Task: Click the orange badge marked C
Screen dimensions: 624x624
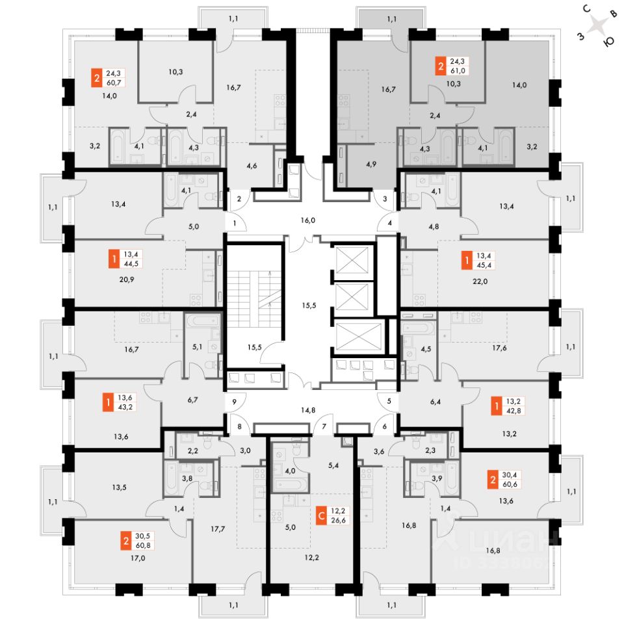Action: (x=322, y=515)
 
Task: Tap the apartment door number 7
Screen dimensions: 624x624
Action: (x=324, y=426)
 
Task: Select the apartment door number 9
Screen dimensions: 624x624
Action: (x=234, y=402)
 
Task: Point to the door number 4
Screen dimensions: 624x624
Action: (x=389, y=223)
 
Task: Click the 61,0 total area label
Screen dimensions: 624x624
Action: (x=458, y=70)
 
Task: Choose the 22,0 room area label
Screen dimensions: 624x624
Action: (x=480, y=281)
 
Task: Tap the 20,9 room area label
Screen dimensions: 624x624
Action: (x=127, y=279)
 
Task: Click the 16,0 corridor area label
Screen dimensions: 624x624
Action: (x=308, y=220)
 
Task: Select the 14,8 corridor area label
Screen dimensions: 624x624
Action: (x=308, y=410)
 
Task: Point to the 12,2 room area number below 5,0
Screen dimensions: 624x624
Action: (x=311, y=558)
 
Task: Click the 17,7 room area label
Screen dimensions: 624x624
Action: (x=218, y=529)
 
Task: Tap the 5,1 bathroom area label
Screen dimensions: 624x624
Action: (x=198, y=347)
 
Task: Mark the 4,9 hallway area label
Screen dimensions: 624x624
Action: (x=371, y=164)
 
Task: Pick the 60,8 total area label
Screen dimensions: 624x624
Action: (x=143, y=545)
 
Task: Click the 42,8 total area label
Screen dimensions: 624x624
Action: (x=513, y=411)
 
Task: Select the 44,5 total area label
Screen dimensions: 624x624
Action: (x=131, y=263)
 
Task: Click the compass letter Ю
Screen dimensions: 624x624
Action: (x=609, y=42)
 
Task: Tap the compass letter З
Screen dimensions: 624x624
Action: (x=581, y=36)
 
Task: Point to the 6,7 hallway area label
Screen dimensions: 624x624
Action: (x=192, y=400)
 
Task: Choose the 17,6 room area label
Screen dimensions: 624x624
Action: (x=499, y=348)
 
